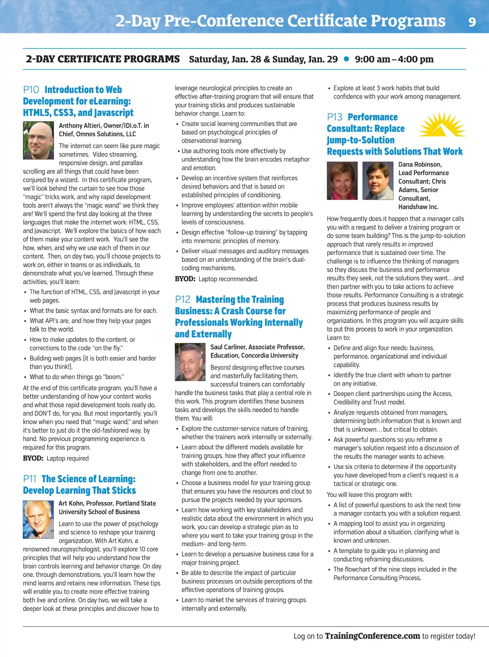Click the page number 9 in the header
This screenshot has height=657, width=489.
pos(472,22)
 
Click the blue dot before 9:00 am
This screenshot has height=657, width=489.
pos(346,59)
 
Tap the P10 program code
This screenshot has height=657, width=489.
pos(31,90)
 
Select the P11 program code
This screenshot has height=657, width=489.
pos(30,479)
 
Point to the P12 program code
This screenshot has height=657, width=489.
pos(182,299)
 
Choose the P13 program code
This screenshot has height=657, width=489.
pos(335,117)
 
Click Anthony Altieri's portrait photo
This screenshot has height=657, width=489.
pos(38,140)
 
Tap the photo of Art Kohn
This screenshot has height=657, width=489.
pos(38,519)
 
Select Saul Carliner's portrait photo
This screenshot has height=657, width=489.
pos(190,362)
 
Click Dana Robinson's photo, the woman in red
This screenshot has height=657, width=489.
pos(342,180)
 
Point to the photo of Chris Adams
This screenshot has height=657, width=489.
pos(378,180)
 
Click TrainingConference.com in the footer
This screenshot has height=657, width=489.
pos(372,636)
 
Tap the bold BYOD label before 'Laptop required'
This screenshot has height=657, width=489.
pos(33,458)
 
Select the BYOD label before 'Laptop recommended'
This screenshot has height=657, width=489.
pos(185,279)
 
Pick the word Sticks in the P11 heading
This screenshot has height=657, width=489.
pos(124,490)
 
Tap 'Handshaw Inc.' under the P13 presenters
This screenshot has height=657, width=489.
pos(418,207)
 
